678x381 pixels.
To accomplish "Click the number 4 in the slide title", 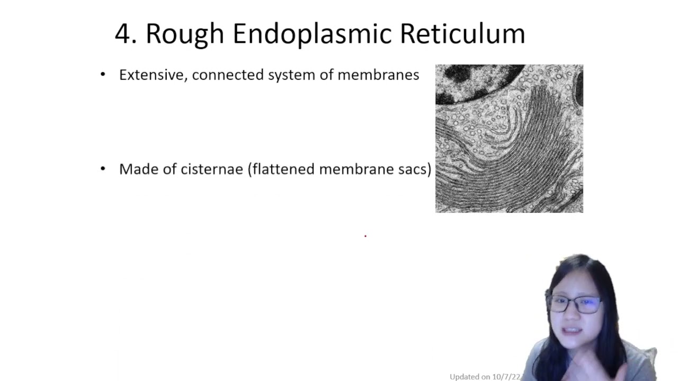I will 123,34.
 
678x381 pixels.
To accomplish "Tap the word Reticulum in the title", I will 462,34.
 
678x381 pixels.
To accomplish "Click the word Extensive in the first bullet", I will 150,75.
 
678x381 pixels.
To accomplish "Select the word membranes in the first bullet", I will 378,75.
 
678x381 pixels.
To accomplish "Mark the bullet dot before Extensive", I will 103,75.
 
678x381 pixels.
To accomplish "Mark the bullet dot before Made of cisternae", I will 103,169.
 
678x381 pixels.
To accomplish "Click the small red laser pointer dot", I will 365,235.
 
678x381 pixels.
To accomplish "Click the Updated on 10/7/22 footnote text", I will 485,377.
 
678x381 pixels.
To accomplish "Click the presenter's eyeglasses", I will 576,304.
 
